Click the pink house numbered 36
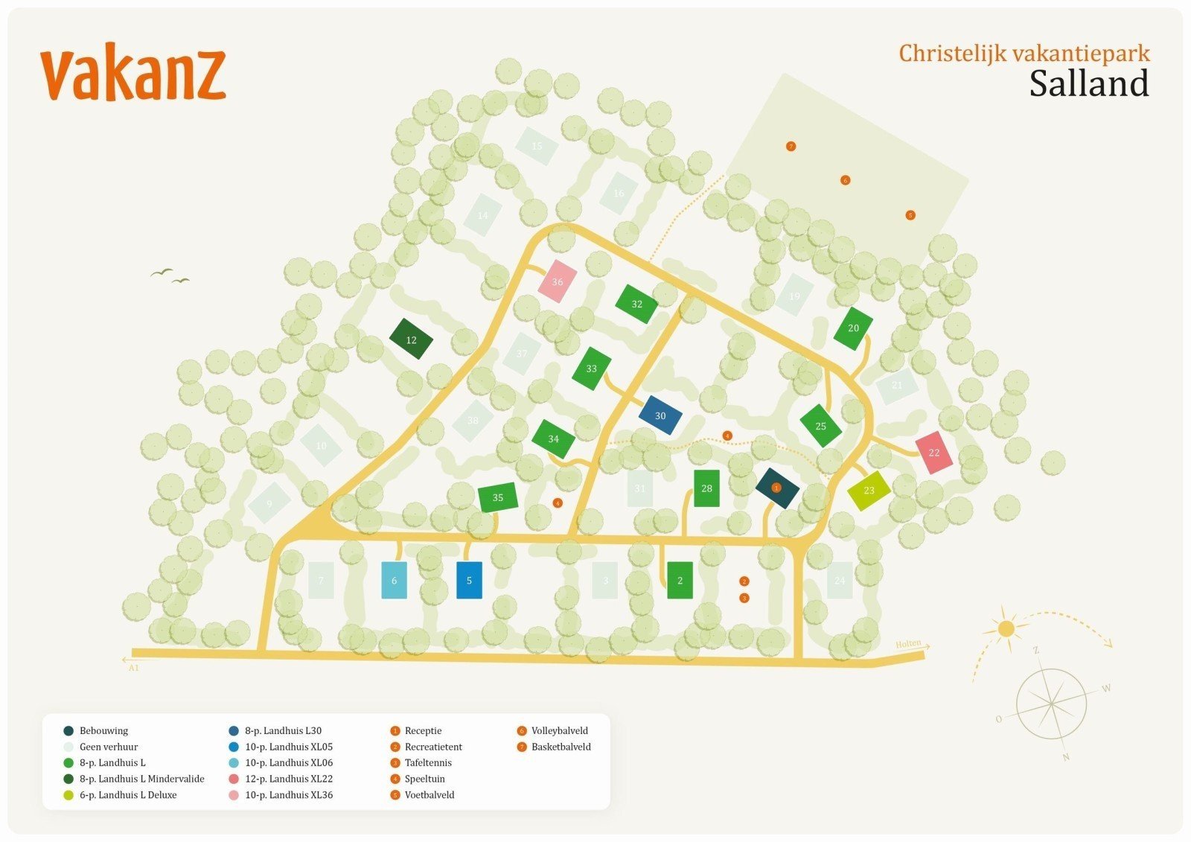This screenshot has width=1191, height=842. (x=558, y=281)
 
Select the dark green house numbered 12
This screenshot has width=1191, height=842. (x=411, y=339)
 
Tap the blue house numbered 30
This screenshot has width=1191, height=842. (x=660, y=415)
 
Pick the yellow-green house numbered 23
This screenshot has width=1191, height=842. (x=869, y=491)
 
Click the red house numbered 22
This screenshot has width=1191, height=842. (x=934, y=453)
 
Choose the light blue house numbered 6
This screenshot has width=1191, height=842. (x=394, y=581)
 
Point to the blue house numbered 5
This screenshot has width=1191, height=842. (x=469, y=581)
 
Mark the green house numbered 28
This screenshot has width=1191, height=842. (x=706, y=488)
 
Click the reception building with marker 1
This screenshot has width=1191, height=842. (x=777, y=488)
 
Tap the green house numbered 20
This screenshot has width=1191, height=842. (x=853, y=328)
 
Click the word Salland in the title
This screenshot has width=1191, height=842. (x=1089, y=83)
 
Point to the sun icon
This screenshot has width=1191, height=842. (x=1006, y=629)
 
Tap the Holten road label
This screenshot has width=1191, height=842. (x=908, y=644)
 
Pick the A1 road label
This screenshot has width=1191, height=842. (x=134, y=668)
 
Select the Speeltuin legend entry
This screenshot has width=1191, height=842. (x=424, y=779)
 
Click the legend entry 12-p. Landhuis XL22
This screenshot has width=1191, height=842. (x=288, y=779)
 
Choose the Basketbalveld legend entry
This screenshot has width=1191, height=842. (x=561, y=747)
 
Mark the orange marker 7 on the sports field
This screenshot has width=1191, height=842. (x=791, y=147)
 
